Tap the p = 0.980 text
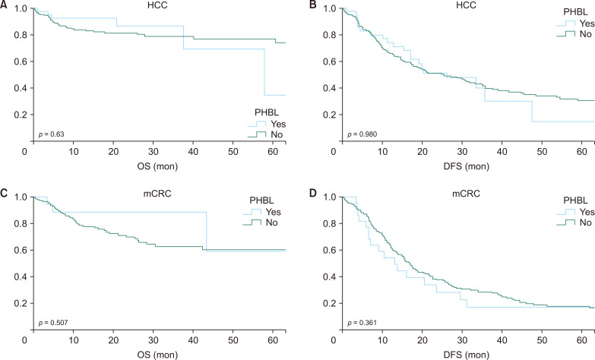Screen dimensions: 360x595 click(x=361, y=134)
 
